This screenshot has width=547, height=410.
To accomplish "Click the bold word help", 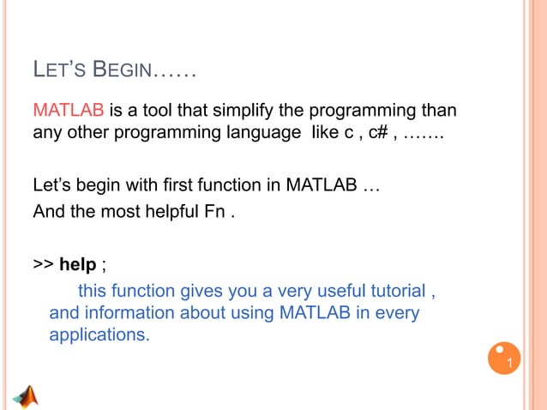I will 77,262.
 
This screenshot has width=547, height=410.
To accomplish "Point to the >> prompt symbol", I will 43,262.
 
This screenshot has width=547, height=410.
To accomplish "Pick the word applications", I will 99,335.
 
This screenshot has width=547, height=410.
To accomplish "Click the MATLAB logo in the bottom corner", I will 28,396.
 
